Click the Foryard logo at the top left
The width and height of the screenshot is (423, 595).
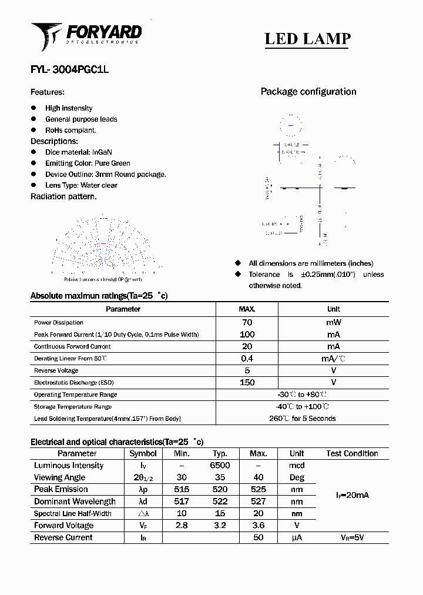click(86, 35)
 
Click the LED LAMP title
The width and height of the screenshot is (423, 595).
click(307, 39)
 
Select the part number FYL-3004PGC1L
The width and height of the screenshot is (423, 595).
click(69, 69)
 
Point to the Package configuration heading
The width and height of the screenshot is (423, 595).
click(308, 92)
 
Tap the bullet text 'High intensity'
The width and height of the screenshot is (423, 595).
click(69, 108)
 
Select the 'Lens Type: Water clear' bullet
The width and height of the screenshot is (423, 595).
click(81, 185)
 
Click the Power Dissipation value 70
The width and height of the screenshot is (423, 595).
click(247, 322)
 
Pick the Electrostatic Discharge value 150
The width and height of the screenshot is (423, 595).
click(247, 383)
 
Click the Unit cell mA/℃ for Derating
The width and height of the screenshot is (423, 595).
click(333, 359)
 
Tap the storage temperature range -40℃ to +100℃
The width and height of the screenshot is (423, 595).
click(302, 407)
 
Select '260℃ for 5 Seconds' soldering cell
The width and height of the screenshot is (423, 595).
click(302, 419)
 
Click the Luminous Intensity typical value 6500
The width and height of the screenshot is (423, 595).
click(220, 466)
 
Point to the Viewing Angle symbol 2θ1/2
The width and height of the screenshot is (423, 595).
click(143, 478)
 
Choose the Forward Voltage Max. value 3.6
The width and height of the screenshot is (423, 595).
click(258, 526)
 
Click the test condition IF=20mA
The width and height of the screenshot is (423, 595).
click(352, 496)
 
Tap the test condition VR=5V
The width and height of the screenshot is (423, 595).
click(352, 538)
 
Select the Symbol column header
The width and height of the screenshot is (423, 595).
click(143, 454)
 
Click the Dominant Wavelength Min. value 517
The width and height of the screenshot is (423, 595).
click(182, 502)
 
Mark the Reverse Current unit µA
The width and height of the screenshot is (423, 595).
click(297, 538)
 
